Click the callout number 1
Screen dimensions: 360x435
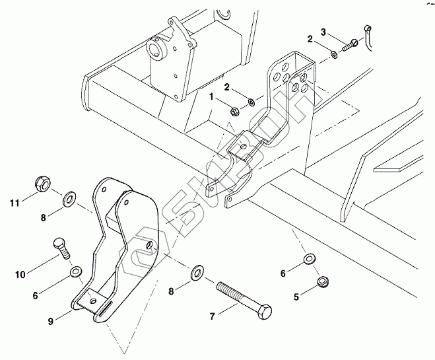point(212,97)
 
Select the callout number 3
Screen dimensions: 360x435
point(323,32)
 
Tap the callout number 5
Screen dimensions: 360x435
point(296,297)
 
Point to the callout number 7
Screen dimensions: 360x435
point(211,316)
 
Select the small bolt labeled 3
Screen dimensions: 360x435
point(351,44)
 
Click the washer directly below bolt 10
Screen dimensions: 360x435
point(76,271)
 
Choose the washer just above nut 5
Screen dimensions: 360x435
point(308,258)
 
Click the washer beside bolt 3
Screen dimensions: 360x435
point(335,53)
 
